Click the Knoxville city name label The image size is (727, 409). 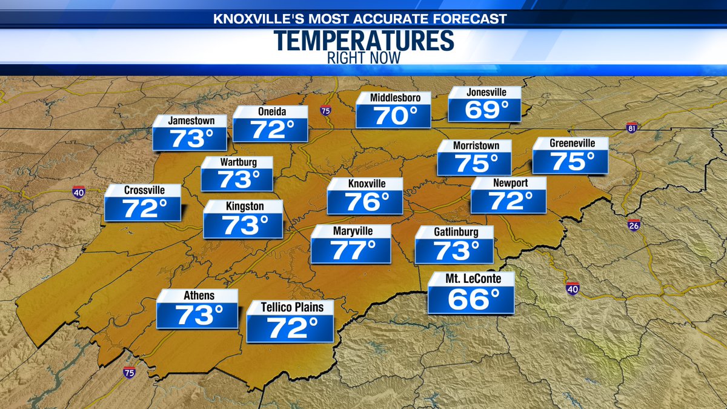point(365,184)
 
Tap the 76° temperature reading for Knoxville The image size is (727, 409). point(365,202)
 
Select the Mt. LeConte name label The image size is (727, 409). point(471,279)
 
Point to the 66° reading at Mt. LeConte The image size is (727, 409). point(471,299)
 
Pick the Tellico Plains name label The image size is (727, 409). point(290,307)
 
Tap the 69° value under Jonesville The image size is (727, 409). point(484,110)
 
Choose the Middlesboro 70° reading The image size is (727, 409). point(393,116)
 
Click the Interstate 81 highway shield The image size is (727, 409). point(632,128)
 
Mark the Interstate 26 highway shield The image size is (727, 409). point(634,225)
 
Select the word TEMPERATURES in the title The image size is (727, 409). point(363,41)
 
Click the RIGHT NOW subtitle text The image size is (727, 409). point(363,59)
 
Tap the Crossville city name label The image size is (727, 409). point(143,190)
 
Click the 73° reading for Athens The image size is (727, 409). point(197,315)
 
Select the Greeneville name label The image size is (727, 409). point(572,144)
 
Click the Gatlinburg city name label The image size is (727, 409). point(456,232)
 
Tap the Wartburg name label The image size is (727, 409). point(237,162)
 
